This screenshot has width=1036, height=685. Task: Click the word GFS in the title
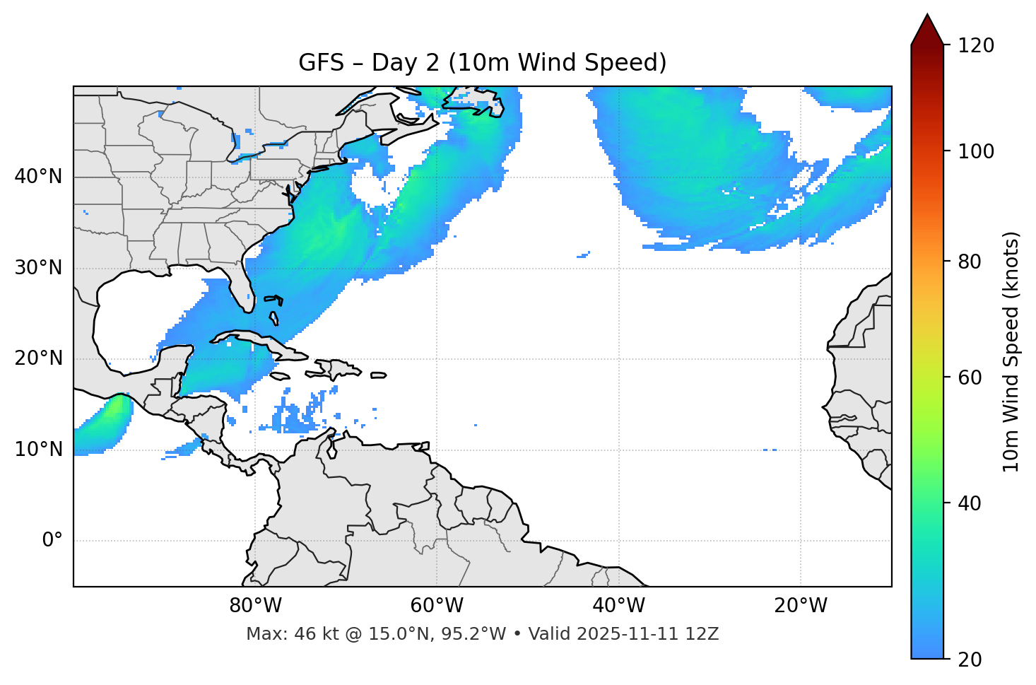pyautogui.click(x=321, y=63)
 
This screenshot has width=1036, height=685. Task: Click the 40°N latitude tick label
pyautogui.click(x=38, y=177)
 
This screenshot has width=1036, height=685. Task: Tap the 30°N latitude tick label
pyautogui.click(x=38, y=268)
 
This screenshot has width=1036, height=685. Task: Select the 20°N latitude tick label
pyautogui.click(x=38, y=358)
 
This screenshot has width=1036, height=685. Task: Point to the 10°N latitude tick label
pyautogui.click(x=38, y=450)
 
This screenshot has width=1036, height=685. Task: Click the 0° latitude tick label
pyautogui.click(x=52, y=541)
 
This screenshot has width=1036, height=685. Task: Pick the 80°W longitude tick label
pyautogui.click(x=255, y=606)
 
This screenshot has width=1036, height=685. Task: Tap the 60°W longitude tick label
pyautogui.click(x=437, y=606)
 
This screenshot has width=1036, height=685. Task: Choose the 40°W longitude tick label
pyautogui.click(x=618, y=606)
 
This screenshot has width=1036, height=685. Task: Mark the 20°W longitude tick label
pyautogui.click(x=800, y=606)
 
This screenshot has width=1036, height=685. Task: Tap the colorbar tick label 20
pyautogui.click(x=970, y=660)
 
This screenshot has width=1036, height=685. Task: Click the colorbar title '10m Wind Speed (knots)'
pyautogui.click(x=1011, y=351)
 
